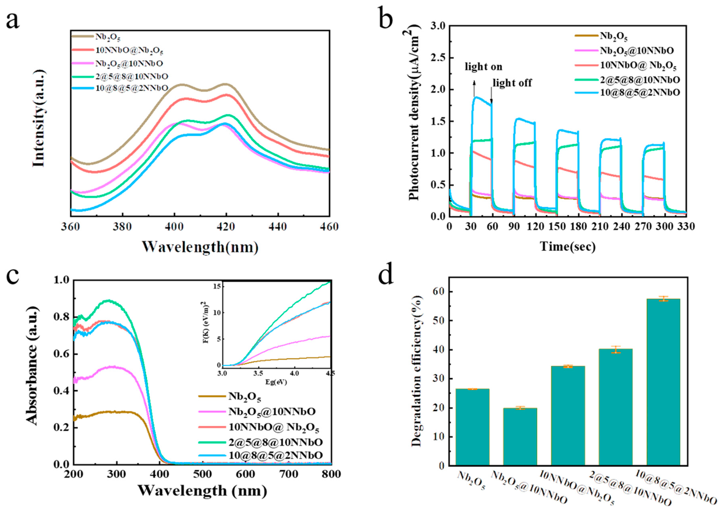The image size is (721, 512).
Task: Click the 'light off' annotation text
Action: point(512,83)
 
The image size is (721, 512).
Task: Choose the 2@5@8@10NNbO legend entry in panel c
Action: point(275,442)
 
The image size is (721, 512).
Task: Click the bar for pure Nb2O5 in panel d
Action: point(472,427)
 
